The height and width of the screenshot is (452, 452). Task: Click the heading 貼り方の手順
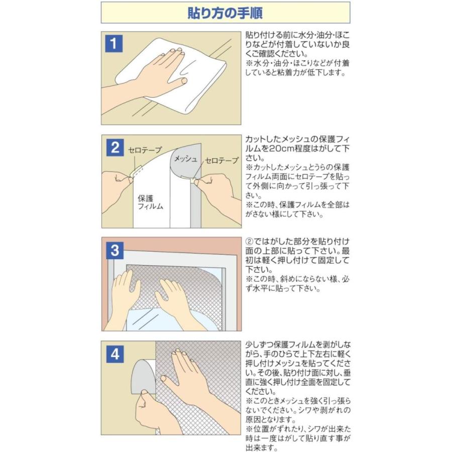pos(225,13)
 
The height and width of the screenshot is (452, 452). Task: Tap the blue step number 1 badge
pos(114,44)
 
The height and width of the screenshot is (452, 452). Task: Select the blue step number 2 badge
pos(116,148)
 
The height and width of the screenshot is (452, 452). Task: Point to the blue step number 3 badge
pos(115,250)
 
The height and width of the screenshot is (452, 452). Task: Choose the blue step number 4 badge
pos(115,354)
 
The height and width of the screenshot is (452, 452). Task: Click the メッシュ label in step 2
pos(186,159)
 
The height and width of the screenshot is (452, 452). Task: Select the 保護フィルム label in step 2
pos(150,202)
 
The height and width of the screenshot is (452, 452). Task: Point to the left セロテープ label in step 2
pos(145,150)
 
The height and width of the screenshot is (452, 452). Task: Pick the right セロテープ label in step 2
pos(221,161)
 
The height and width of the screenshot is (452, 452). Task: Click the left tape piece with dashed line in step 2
pos(135,172)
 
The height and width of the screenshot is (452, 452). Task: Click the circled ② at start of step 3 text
pos(249,242)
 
